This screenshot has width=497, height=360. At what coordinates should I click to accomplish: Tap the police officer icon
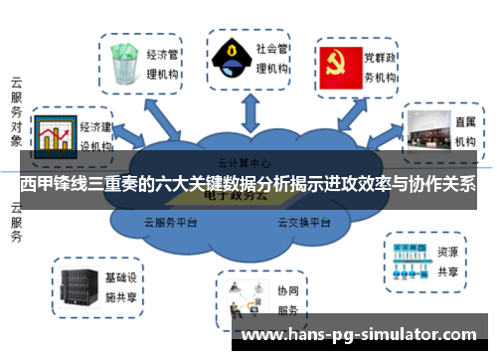click(x=231, y=57)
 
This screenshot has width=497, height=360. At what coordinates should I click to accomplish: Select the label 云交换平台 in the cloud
click(x=303, y=223)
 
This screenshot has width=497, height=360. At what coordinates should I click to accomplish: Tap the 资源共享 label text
click(x=447, y=261)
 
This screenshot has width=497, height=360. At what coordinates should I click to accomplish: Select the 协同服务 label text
click(x=287, y=301)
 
